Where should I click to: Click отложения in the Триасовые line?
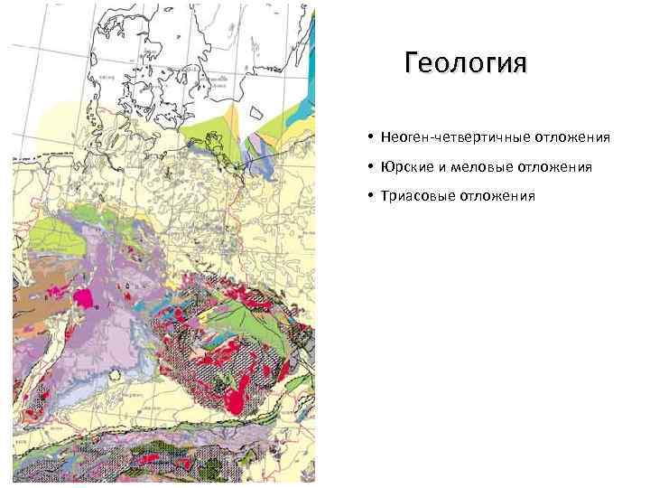click(x=497, y=195)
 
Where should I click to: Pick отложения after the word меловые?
click(x=554, y=167)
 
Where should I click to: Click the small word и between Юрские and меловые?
click(x=442, y=167)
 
